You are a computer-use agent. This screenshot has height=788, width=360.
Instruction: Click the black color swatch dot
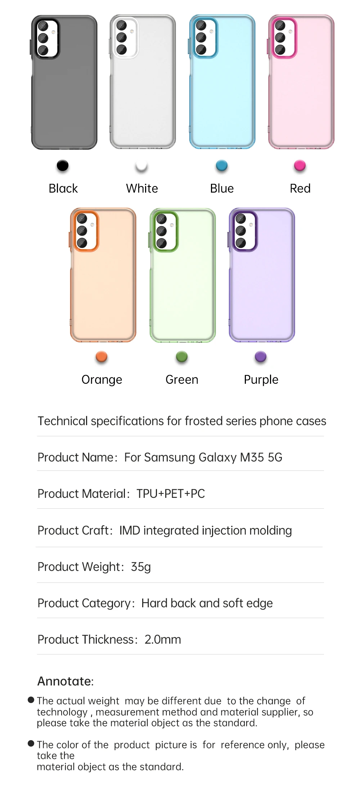point(62,166)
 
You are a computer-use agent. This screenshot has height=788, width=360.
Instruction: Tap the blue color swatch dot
point(222,166)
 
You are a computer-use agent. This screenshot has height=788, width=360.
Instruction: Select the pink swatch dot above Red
point(300,166)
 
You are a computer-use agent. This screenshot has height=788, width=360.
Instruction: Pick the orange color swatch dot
point(102,357)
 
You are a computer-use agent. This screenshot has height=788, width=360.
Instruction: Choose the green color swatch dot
point(182,357)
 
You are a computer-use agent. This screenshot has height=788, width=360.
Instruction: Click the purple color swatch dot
point(261,357)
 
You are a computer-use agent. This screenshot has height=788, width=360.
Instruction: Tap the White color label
point(142,188)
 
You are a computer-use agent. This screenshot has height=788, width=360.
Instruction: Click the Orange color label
point(102,379)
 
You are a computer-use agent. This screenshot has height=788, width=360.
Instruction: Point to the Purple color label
point(261,379)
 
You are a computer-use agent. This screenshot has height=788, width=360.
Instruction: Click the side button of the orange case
point(70,240)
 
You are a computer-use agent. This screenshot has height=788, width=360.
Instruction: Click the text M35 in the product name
point(252,457)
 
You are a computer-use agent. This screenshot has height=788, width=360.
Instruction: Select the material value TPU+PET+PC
point(171,494)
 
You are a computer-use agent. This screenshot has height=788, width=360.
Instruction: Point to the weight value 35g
point(141,567)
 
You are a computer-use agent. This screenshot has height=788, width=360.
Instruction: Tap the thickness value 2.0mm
point(163,639)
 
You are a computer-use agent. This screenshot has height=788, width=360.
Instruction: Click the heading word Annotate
point(64,681)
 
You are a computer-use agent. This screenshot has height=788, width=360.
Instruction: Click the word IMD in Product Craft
point(130,530)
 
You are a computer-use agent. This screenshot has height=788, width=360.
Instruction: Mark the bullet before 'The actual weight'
point(31,700)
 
